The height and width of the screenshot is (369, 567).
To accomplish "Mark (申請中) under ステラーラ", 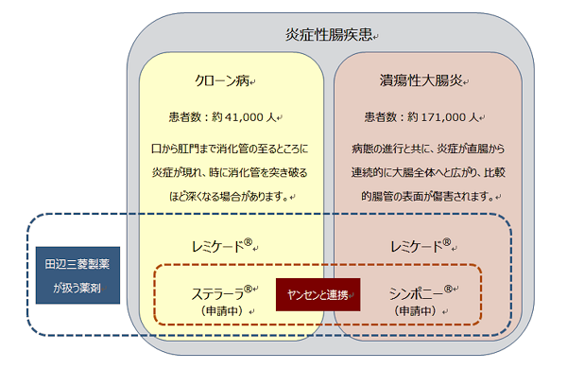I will (x=223, y=310).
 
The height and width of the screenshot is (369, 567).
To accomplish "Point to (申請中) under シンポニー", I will (x=417, y=310).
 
